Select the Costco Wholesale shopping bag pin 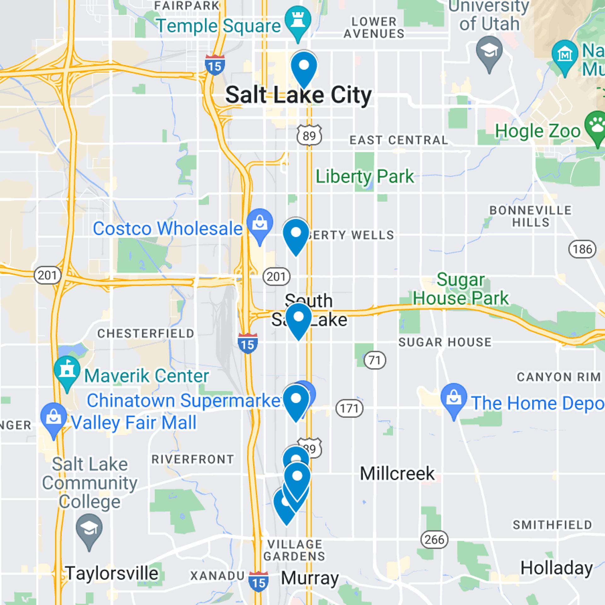[x=260, y=223]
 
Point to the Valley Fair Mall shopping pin [x=54, y=418]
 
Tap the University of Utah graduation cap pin [x=489, y=51]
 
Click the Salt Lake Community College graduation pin [x=89, y=529]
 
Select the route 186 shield [x=582, y=249]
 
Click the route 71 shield [x=375, y=360]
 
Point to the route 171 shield [x=349, y=408]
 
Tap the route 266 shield [x=434, y=539]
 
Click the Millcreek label [x=397, y=474]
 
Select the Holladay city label [x=556, y=568]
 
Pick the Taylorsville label [x=112, y=573]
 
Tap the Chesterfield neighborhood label [x=146, y=333]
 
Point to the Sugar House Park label [x=461, y=289]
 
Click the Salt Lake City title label [x=299, y=95]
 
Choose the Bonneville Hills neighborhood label [x=530, y=216]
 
